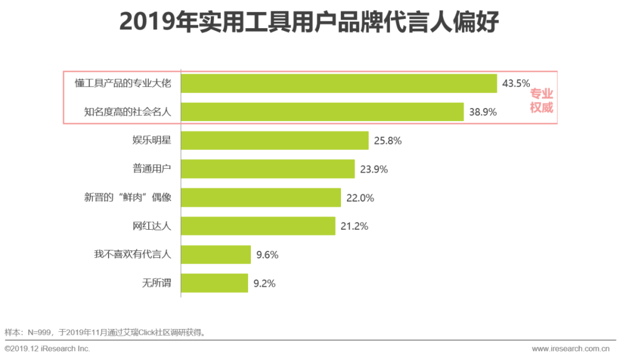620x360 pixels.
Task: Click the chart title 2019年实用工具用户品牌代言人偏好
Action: (x=309, y=22)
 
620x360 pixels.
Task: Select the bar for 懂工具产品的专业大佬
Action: (x=339, y=83)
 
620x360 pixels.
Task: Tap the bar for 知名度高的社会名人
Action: (x=322, y=112)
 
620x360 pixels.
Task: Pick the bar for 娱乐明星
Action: (x=274, y=141)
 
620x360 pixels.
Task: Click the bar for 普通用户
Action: (x=268, y=169)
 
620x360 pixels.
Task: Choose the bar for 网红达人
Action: (x=258, y=226)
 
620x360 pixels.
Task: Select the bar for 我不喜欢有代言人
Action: (x=216, y=254)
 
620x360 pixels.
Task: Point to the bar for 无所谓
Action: (x=214, y=283)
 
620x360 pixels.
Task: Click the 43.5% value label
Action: (x=516, y=83)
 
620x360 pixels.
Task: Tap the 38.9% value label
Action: (x=483, y=112)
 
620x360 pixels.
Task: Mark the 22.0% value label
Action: (x=360, y=198)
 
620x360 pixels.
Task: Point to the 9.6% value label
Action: (x=267, y=255)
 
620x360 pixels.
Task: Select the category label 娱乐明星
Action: (x=152, y=141)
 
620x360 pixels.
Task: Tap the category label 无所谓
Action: (x=157, y=283)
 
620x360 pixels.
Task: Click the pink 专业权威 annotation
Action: (x=541, y=100)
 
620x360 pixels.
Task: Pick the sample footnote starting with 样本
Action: (x=106, y=332)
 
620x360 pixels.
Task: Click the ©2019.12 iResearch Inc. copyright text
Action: (x=48, y=349)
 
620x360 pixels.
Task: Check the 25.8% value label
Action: (x=387, y=141)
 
